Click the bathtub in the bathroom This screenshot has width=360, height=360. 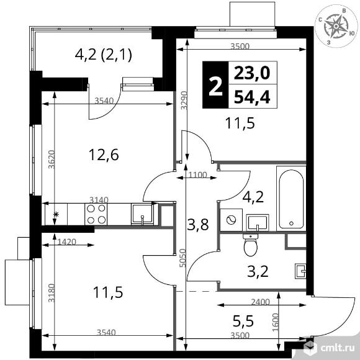(x=291, y=199)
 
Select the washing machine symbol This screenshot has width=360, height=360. (x=231, y=220)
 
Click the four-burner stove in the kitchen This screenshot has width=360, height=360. (x=96, y=214)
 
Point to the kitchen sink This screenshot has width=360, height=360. (x=142, y=214)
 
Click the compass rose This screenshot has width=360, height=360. (x=336, y=26)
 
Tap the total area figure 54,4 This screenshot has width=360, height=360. (x=252, y=97)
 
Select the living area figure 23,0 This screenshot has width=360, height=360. (x=251, y=73)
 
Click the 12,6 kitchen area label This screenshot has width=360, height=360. (x=104, y=155)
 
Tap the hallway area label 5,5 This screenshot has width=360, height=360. (x=243, y=321)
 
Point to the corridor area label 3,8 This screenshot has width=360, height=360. (x=198, y=225)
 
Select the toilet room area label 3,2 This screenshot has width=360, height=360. (x=258, y=271)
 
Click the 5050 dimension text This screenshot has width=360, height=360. (x=182, y=258)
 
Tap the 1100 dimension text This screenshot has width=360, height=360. (x=197, y=175)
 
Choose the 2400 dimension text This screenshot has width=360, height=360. (x=260, y=302)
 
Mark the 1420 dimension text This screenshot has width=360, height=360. (x=66, y=241)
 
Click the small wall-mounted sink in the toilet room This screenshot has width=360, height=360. (x=300, y=271)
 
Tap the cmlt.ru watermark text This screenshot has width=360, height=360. (x=338, y=348)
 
